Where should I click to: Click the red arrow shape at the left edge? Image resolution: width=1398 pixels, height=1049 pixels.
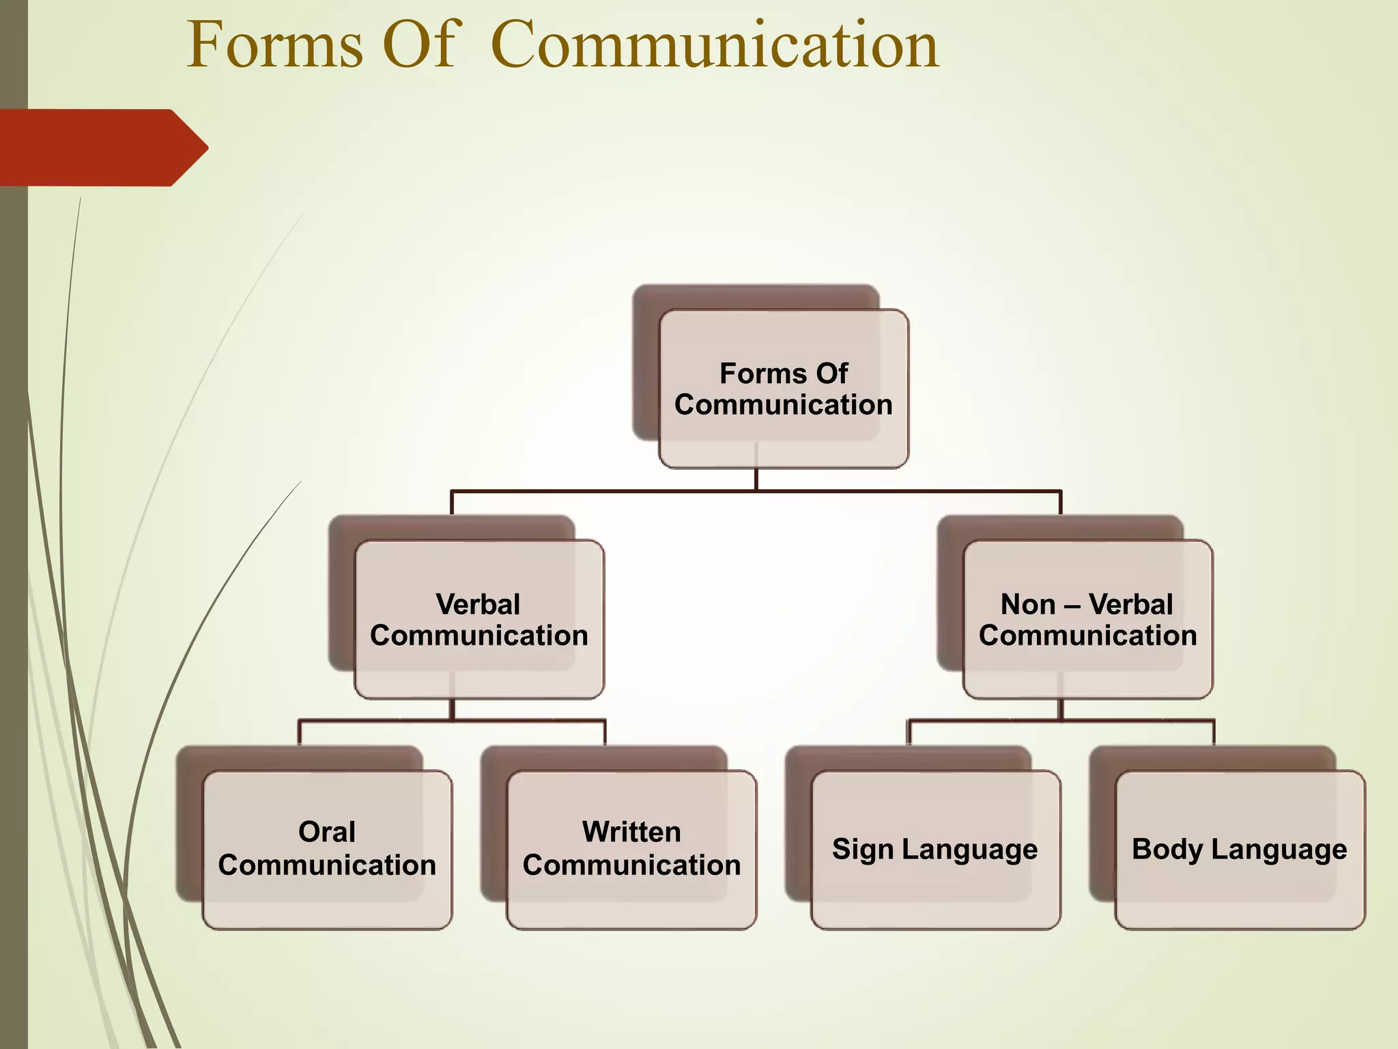(x=102, y=148)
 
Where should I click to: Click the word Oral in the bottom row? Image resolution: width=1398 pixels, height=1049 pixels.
(x=327, y=833)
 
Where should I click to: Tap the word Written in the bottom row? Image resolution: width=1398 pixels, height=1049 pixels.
(x=631, y=833)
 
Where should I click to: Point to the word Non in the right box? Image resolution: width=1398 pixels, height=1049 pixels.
(x=1028, y=605)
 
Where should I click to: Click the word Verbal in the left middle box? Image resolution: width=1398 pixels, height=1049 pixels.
(x=478, y=605)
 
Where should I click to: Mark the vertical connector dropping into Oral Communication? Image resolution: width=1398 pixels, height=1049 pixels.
(x=299, y=733)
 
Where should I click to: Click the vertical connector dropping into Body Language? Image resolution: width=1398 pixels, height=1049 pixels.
(x=1214, y=733)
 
